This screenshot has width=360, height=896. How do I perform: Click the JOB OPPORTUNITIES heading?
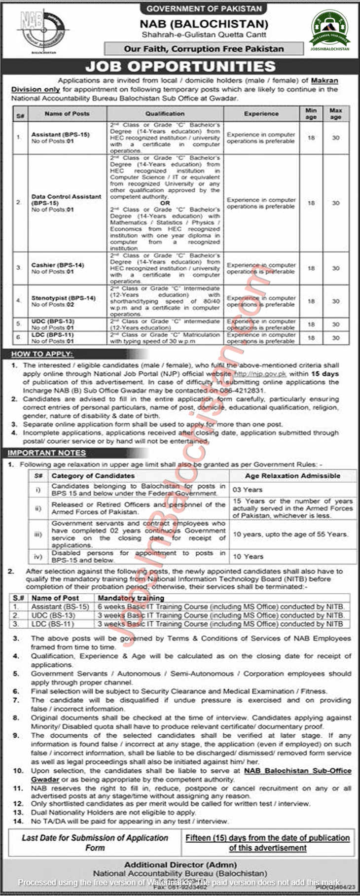pos(180,67)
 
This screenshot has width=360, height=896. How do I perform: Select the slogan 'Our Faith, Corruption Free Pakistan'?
pos(204,48)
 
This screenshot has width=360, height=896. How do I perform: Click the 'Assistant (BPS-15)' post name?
pos(60,135)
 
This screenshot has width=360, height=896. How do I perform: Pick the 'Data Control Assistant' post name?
pos(66,197)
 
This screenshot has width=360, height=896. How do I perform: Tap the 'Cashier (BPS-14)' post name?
pos(58,265)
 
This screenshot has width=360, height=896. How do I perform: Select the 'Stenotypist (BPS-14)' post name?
pos(63,298)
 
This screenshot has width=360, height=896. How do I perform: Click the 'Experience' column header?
pos(261,113)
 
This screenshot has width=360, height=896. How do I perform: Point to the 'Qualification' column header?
pos(165,113)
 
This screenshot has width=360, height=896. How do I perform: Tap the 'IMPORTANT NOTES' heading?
pos(46,453)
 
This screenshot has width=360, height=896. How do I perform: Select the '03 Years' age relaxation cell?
pos(248,490)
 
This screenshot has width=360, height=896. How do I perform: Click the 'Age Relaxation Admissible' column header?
pos(292,476)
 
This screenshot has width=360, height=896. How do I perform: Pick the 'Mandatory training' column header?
pos(131,598)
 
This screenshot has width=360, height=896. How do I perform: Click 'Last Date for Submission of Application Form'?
pos(95,843)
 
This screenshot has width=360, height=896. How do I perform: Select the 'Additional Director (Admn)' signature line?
pos(180,865)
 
